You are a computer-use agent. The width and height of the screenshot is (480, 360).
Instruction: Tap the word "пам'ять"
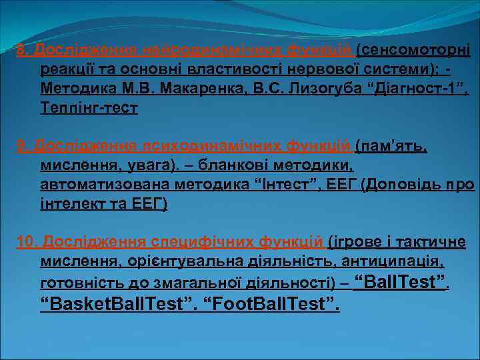point(393,145)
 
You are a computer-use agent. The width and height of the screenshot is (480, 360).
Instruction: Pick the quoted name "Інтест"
point(283,184)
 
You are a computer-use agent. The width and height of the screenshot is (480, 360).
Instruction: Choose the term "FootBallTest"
point(270,305)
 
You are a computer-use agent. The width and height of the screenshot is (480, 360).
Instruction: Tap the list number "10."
point(27,241)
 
